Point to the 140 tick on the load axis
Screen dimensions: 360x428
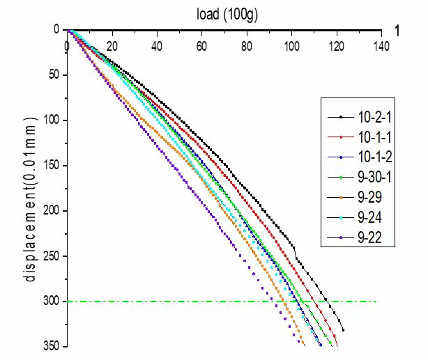click(x=381, y=46)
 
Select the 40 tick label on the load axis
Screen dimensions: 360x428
click(x=157, y=46)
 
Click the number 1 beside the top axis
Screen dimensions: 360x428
click(x=397, y=31)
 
